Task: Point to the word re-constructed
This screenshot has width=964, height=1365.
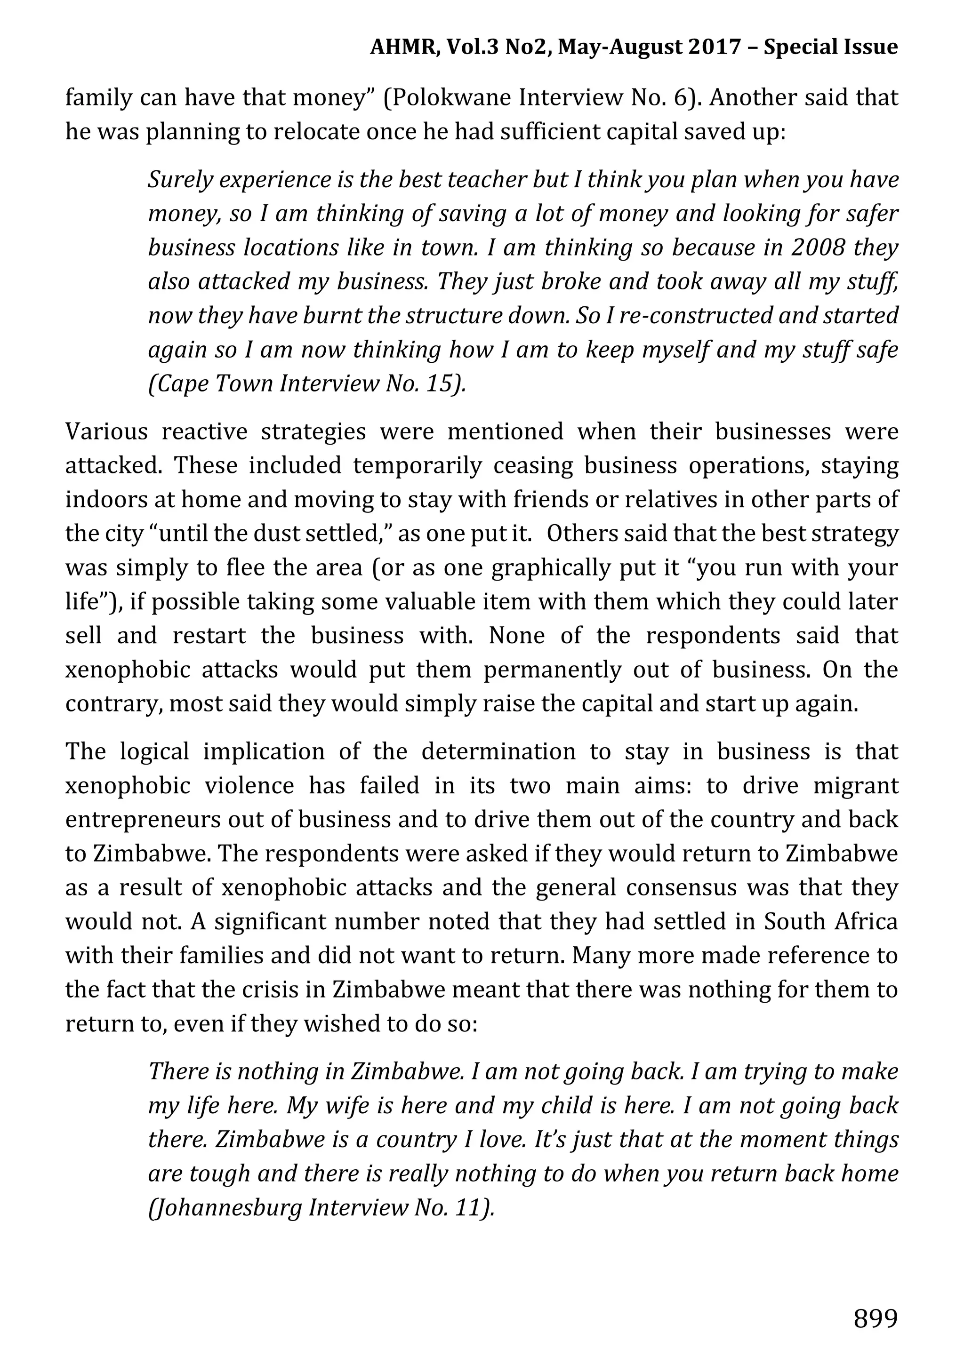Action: tap(695, 316)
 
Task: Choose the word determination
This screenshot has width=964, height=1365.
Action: tap(498, 751)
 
